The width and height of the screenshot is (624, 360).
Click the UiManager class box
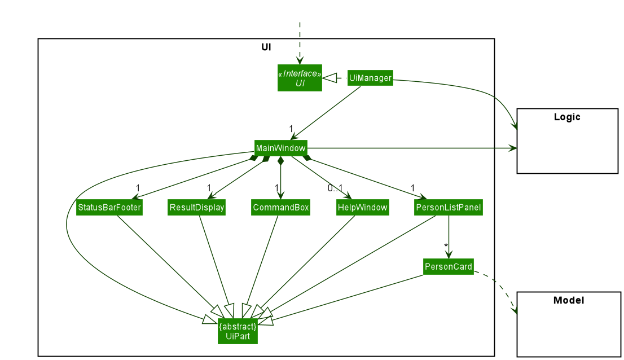pyautogui.click(x=370, y=78)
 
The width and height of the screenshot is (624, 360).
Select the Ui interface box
pyautogui.click(x=300, y=78)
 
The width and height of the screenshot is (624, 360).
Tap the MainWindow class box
pyautogui.click(x=280, y=148)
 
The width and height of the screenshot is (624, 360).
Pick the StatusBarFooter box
pyautogui.click(x=109, y=208)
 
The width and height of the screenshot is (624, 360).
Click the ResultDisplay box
pyautogui.click(x=196, y=208)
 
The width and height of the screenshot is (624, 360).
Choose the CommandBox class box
pyautogui.click(x=280, y=208)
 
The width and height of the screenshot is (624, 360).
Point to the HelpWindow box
pyautogui.click(x=362, y=208)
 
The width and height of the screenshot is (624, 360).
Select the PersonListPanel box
pyautogui.click(x=448, y=208)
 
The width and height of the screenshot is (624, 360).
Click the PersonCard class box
pyautogui.click(x=448, y=266)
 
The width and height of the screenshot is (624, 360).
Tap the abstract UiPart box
pyautogui.click(x=238, y=331)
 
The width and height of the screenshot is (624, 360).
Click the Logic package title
pyautogui.click(x=567, y=117)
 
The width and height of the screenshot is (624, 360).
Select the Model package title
pyautogui.click(x=568, y=300)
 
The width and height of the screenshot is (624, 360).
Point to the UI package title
pyautogui.click(x=266, y=47)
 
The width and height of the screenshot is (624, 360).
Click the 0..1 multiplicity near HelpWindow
pyautogui.click(x=335, y=188)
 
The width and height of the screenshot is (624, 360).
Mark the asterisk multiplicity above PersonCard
pyautogui.click(x=446, y=246)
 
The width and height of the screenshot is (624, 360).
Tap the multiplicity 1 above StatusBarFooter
pyautogui.click(x=138, y=188)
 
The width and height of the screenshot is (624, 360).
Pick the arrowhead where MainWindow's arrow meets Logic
pyautogui.click(x=512, y=148)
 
